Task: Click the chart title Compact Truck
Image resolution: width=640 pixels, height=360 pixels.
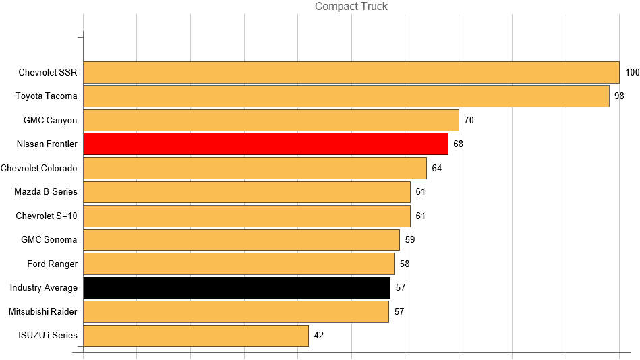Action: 351,7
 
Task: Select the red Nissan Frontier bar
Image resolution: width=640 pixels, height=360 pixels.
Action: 265,144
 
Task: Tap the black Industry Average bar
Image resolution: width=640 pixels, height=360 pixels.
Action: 236,287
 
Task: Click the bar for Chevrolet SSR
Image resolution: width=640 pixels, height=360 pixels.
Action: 351,72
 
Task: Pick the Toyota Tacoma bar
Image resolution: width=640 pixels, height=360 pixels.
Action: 346,96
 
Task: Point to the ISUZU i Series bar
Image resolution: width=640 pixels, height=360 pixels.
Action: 196,335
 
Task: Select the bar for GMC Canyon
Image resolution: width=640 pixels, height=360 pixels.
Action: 270,120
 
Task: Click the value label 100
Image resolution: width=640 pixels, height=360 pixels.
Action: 632,72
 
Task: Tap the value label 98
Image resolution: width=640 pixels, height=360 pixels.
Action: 619,96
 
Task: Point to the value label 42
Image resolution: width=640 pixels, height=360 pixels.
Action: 319,335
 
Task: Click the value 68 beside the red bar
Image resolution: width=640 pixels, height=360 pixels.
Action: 458,144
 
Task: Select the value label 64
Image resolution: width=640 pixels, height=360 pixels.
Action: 436,168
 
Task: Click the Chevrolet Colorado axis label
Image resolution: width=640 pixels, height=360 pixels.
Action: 39,168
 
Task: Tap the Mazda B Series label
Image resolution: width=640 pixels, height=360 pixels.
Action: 46,191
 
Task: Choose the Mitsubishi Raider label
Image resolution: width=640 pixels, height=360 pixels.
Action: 43,311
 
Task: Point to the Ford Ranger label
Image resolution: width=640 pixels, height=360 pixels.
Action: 52,264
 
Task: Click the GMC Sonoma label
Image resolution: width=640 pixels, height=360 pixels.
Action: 49,239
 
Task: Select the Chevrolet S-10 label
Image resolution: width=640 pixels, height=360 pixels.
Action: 47,216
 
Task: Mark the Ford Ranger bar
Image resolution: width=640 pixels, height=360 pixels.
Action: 238,264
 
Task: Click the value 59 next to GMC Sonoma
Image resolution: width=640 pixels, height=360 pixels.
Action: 410,239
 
